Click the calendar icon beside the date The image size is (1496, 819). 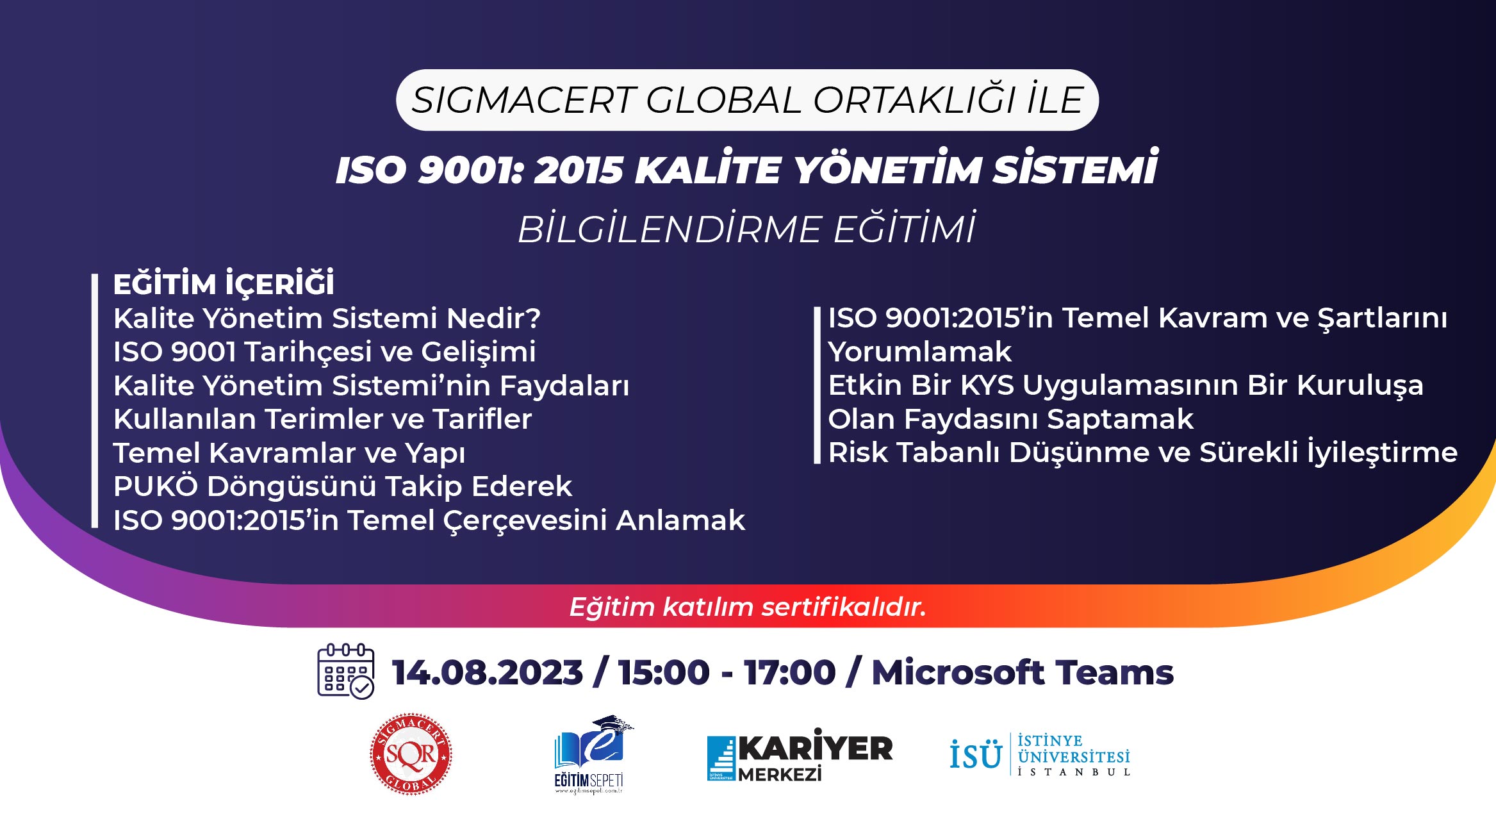[x=346, y=672]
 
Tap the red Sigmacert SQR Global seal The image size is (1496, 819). [x=411, y=754]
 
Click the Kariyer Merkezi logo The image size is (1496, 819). [x=800, y=755]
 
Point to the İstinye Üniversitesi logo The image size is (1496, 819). [x=1040, y=755]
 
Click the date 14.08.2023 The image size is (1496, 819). [x=488, y=672]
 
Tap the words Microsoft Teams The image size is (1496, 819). [x=1023, y=672]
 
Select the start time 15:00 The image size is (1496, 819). [x=664, y=672]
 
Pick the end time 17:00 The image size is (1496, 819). [x=789, y=672]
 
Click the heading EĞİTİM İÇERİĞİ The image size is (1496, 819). [x=224, y=283]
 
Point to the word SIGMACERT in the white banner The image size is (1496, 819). [x=523, y=101]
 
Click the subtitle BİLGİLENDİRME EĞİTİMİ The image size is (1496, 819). [x=747, y=228]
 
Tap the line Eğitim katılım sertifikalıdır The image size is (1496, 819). [x=748, y=607]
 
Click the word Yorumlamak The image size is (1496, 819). [x=919, y=352]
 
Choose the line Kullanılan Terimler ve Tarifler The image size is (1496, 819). [x=322, y=419]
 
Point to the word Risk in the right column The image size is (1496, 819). [x=857, y=452]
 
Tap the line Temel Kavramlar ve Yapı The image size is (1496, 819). [x=289, y=453]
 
